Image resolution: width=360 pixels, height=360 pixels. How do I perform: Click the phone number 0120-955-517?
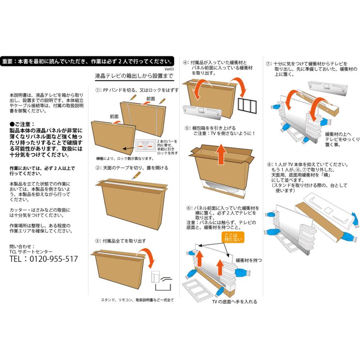[54, 259]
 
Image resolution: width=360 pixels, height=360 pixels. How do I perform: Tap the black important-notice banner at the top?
[87, 61]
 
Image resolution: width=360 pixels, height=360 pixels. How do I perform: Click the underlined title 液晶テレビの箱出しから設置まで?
[134, 76]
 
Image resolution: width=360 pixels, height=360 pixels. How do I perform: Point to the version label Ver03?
[169, 69]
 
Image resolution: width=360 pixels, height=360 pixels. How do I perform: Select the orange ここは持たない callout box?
[233, 237]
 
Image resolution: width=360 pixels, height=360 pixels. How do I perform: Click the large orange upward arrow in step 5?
[221, 154]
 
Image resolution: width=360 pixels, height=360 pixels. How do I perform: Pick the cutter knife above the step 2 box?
[136, 176]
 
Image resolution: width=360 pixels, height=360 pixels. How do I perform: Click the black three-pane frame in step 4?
[247, 106]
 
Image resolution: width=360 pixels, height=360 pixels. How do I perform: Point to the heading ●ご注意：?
[22, 124]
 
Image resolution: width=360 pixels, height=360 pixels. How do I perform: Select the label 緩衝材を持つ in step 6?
[249, 260]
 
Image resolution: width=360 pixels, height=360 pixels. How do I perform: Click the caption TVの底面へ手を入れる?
[235, 302]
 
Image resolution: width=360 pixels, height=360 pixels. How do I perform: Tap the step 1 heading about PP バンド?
[137, 90]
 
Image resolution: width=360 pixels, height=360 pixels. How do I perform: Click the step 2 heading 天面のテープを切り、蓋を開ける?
[132, 168]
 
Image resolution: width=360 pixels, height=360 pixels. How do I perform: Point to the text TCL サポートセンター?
[31, 252]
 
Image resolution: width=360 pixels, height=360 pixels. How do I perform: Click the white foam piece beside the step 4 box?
[202, 112]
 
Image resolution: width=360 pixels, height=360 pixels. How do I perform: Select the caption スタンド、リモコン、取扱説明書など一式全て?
[137, 300]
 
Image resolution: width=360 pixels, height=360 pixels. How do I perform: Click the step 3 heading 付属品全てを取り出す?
[120, 241]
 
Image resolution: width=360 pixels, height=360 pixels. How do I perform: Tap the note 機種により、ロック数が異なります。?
[125, 158]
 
